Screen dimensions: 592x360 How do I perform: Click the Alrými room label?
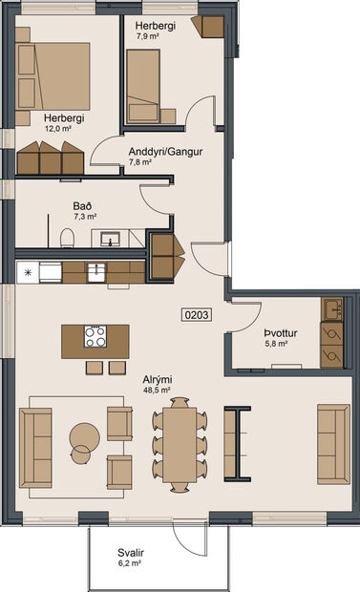coord(153,379)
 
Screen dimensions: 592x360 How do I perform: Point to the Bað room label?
coord(82,205)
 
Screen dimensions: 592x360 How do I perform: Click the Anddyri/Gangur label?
coord(166,151)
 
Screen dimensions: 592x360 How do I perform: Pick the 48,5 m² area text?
coord(155,391)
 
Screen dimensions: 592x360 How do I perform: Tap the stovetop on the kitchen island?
coord(95,336)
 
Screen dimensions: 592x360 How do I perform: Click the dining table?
coord(178,443)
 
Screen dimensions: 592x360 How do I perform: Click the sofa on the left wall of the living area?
coord(35,436)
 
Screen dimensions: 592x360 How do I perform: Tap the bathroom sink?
coord(113,240)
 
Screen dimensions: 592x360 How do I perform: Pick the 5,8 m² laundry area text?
coord(278,345)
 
